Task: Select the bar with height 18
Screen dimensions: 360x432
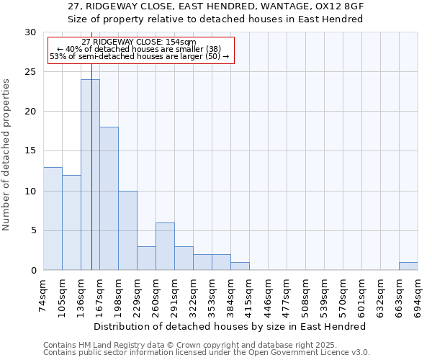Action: tap(109, 199)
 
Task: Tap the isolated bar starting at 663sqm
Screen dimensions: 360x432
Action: tap(408, 266)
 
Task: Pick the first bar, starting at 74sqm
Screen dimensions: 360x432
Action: tap(53, 218)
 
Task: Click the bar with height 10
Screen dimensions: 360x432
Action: tap(127, 230)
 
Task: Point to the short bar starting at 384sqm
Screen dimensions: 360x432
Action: tap(240, 266)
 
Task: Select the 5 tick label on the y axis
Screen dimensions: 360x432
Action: tap(33, 230)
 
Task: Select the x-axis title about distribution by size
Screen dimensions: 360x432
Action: tap(230, 326)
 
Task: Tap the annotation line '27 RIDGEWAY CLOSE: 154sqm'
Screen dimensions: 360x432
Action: tap(139, 42)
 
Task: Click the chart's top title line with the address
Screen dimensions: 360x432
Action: tap(215, 6)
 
